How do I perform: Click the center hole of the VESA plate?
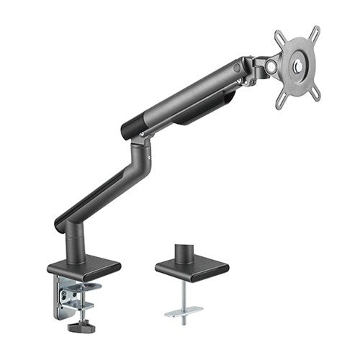(x=299, y=68)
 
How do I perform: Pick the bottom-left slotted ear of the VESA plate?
(x=283, y=102)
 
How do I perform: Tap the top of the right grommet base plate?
(x=191, y=266)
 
